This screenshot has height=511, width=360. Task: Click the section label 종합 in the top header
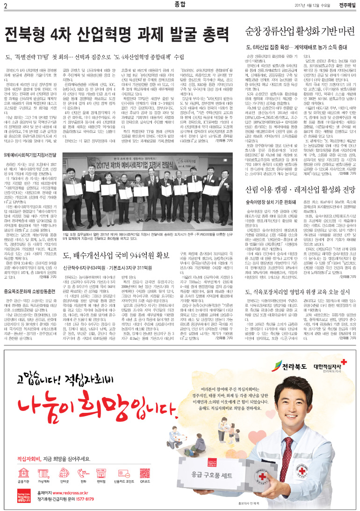(x=180, y=5)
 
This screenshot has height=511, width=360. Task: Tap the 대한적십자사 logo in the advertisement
(x=327, y=364)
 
